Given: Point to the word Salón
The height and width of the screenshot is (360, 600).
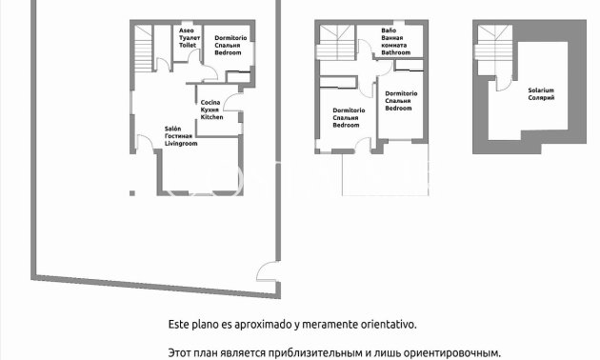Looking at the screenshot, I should coord(171,128).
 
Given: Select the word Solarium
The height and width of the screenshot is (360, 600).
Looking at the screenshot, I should coord(541,90).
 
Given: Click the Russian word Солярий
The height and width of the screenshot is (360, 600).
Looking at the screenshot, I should coord(541,98).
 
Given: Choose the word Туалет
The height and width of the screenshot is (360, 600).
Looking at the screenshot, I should coord(188,38).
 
